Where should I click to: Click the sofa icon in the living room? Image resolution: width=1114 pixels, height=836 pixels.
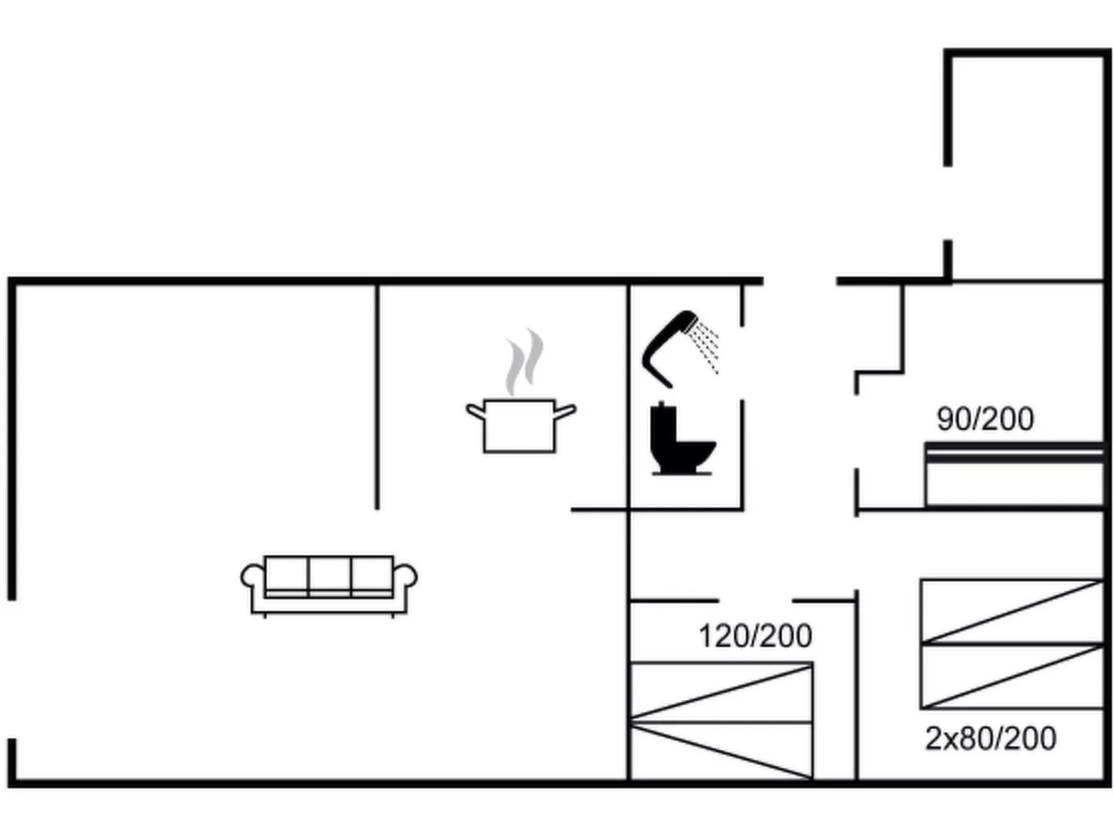328,584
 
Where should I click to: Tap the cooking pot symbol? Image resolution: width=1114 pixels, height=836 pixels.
520,425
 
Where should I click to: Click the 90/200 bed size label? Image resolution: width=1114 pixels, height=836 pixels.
984,419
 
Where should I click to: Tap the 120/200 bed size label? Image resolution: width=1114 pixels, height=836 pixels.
755,636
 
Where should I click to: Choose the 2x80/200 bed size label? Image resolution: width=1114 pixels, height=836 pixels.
990,738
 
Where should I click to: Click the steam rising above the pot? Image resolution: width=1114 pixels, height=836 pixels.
524,362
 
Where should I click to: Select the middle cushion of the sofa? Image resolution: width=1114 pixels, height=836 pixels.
329,574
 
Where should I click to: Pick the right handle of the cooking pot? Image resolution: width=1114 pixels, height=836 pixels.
565,413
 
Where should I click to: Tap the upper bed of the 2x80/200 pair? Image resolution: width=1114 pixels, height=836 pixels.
1011,611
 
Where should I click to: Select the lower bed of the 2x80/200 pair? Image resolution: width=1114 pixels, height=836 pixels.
1011,676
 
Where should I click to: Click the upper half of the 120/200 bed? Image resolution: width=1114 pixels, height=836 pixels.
721,692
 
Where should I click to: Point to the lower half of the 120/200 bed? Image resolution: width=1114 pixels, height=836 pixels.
721,751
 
